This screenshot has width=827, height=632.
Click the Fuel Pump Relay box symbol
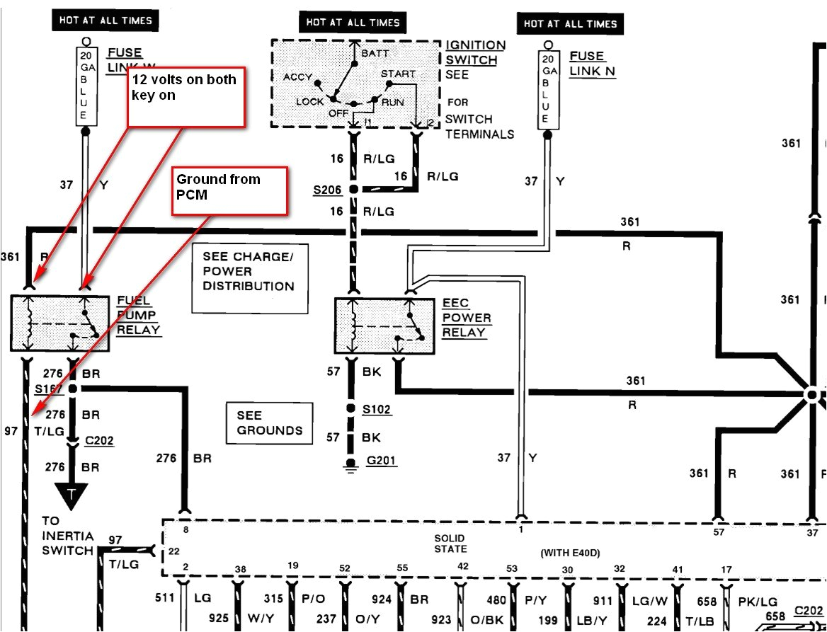click(60, 323)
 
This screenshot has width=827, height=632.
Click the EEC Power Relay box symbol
click(384, 326)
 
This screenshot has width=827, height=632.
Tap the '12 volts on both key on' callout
click(186, 97)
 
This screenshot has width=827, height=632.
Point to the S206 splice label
click(327, 190)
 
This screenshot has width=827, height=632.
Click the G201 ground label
click(382, 461)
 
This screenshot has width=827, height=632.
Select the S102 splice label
click(377, 410)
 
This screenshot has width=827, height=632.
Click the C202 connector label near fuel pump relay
click(98, 441)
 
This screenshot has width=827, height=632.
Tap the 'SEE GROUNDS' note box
click(269, 423)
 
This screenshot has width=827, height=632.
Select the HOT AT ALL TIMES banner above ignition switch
click(353, 22)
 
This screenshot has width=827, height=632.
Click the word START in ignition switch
click(398, 74)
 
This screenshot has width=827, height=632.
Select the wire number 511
click(165, 599)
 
